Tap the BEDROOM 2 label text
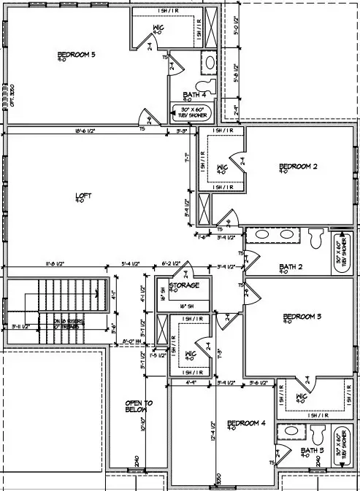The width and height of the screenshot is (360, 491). [299, 168]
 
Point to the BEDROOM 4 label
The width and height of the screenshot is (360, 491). [246, 423]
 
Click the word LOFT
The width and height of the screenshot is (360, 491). [85, 196]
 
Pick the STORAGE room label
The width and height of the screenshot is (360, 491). [185, 285]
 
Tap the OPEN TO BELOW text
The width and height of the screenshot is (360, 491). [138, 406]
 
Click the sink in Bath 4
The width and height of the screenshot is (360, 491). [208, 63]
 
